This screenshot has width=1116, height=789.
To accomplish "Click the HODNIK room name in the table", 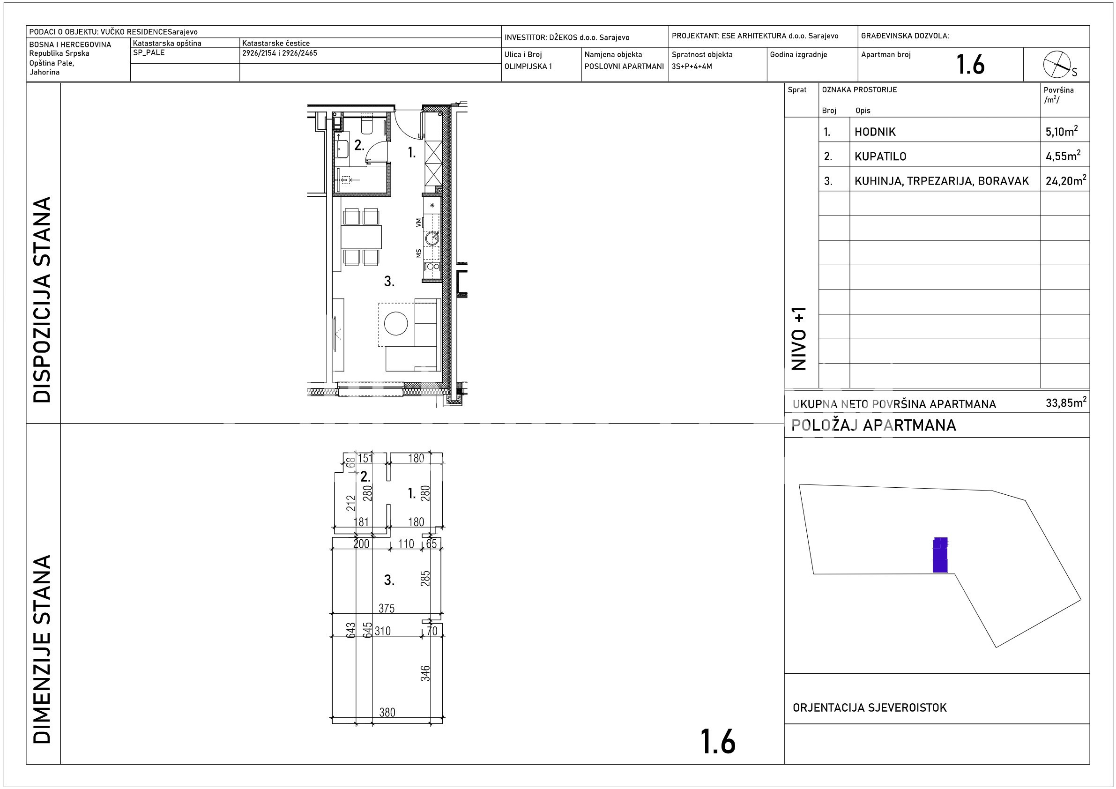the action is pyautogui.click(x=875, y=132).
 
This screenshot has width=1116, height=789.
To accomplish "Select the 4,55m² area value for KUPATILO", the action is pyautogui.click(x=1063, y=156).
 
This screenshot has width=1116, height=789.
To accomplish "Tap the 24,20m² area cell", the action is pyautogui.click(x=1065, y=180).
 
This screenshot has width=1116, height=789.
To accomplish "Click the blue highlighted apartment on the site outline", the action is pyautogui.click(x=940, y=555).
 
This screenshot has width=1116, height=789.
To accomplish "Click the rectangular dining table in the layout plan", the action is pyautogui.click(x=361, y=237).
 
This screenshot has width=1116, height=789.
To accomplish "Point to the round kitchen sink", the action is pyautogui.click(x=432, y=238).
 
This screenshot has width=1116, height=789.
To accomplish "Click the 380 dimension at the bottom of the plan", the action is pyautogui.click(x=387, y=712).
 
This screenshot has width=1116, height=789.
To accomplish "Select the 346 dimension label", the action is pyautogui.click(x=425, y=673).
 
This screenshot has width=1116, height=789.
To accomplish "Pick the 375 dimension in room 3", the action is pyautogui.click(x=387, y=608).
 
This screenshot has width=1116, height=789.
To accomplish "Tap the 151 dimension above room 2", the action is pyautogui.click(x=365, y=458).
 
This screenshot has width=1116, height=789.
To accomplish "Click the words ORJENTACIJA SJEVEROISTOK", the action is pyautogui.click(x=870, y=707).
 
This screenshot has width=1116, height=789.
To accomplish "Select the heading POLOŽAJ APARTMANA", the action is pyautogui.click(x=873, y=425).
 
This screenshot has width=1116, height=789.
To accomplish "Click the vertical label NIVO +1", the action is pyautogui.click(x=799, y=338).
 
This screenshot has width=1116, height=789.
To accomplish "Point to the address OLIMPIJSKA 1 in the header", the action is pyautogui.click(x=528, y=66).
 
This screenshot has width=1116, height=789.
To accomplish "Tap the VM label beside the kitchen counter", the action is pyautogui.click(x=418, y=223).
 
